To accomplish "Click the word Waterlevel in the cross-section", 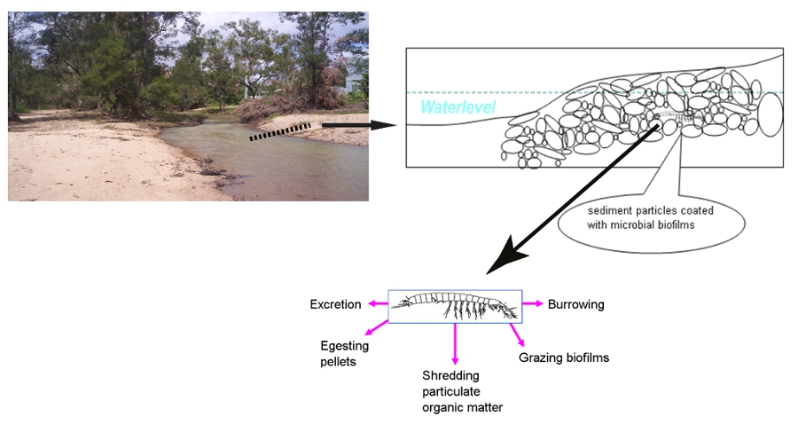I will point(458,107).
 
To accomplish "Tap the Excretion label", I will point(335,304).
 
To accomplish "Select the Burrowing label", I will point(575,304).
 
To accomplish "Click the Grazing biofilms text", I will point(563,358).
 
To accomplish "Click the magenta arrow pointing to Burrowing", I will point(531,303).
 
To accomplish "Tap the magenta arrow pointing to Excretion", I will point(377,304).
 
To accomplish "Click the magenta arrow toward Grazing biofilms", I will point(515,334).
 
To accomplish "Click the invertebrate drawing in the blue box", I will point(454,307).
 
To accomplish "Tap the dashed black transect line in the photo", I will point(279,133).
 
